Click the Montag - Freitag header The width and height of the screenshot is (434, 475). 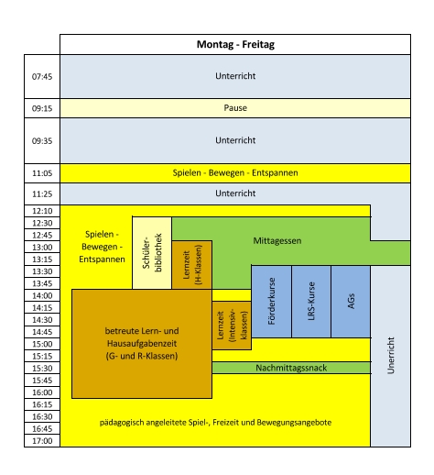click(235, 44)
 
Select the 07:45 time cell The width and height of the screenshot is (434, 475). click(42, 76)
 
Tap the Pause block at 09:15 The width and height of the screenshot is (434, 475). click(235, 108)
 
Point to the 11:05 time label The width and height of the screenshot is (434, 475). click(42, 173)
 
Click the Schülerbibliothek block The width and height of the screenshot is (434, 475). click(152, 253)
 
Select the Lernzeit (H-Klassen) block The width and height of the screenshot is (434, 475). click(192, 265)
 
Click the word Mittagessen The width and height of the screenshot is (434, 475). click(277, 241)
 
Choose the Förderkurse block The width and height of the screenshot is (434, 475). click(271, 302)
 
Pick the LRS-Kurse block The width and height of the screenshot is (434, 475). click(311, 302)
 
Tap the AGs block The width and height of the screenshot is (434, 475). click(351, 302)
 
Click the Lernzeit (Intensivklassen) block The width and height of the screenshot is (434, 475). click(232, 326)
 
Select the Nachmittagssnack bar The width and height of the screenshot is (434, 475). click(291, 368)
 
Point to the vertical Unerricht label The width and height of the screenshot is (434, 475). click(391, 356)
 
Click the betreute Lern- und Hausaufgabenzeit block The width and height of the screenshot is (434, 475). click(142, 344)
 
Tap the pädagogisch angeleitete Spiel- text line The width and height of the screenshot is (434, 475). click(215, 423)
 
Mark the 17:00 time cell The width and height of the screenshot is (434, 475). click(42, 441)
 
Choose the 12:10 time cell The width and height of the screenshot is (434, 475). click(42, 211)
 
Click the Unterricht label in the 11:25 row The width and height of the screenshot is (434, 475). click(235, 193)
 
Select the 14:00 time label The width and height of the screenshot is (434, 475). click(42, 295)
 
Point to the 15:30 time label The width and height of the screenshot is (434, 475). click(42, 369)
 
